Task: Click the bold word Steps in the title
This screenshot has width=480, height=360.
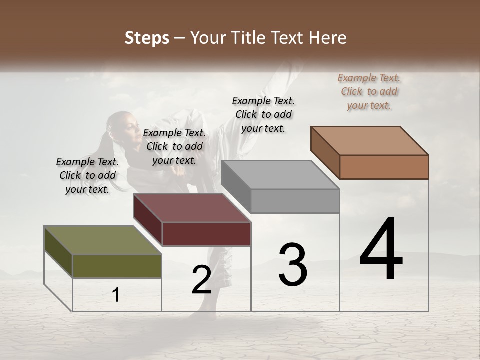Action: coord(147,38)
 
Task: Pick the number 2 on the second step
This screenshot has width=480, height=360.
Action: coord(201,280)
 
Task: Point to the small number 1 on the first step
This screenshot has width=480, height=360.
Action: coord(115,295)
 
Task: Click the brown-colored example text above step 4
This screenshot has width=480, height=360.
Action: coord(369,91)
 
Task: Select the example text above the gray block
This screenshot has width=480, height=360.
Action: coord(263,114)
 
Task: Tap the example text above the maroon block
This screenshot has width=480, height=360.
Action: coord(174,146)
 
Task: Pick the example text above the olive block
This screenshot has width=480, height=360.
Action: coord(87,175)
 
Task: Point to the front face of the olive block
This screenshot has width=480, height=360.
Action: coord(117,266)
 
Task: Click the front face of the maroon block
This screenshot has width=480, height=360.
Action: coord(206,234)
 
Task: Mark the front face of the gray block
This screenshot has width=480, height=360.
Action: coord(295,201)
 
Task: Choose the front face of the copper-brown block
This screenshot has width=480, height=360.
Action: coord(384,167)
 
